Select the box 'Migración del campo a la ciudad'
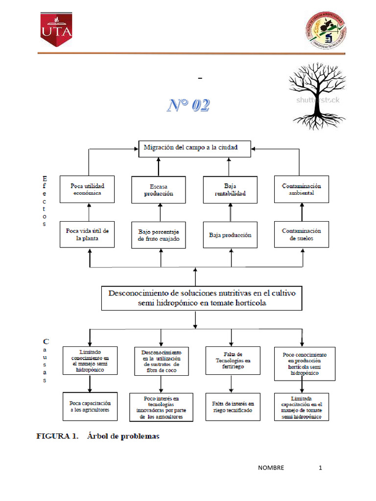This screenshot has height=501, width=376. (194, 148)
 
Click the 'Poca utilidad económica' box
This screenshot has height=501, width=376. (87, 189)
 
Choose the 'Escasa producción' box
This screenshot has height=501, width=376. (159, 190)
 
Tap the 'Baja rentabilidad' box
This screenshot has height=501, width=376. (230, 189)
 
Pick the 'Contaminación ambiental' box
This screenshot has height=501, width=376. (302, 189)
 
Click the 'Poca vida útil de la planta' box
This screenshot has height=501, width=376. (87, 234)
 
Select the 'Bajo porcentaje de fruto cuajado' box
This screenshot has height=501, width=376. (159, 235)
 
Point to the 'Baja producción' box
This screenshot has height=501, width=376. (230, 235)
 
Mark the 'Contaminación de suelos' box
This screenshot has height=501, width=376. (302, 234)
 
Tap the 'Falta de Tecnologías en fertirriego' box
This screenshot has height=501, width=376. (233, 360)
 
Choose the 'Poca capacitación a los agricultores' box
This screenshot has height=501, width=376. (90, 406)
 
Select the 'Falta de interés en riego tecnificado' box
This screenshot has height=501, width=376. (233, 407)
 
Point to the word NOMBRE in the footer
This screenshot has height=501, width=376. (271, 468)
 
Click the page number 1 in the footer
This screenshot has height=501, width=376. (321, 468)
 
